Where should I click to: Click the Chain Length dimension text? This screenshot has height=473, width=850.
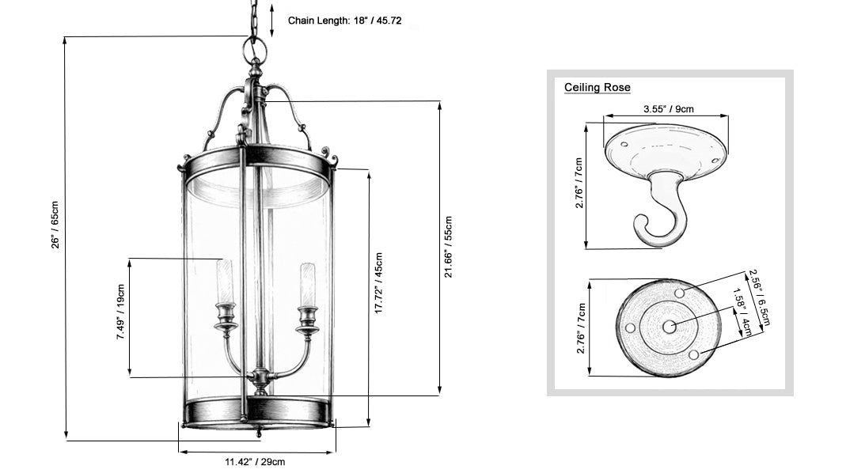[344, 21]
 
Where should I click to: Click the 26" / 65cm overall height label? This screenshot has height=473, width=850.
[55, 225]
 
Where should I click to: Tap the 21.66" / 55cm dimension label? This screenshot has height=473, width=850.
[448, 247]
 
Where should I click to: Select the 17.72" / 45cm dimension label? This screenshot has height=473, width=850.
[378, 283]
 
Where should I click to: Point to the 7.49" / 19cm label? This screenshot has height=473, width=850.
[120, 312]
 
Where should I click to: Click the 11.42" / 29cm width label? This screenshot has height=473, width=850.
[255, 462]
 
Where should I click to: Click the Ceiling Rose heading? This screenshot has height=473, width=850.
[597, 87]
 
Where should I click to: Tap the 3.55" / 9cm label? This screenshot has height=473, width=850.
[669, 109]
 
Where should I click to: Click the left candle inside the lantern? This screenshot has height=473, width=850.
[225, 282]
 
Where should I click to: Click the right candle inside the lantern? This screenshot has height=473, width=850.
[307, 285]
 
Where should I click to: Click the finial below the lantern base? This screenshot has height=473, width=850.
[259, 432]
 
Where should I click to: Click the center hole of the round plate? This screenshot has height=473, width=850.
[670, 327]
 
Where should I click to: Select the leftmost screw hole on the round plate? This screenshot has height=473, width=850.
[630, 327]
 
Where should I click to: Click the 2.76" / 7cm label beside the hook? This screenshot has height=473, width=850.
[579, 184]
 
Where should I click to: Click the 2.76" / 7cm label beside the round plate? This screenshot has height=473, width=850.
[581, 328]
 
